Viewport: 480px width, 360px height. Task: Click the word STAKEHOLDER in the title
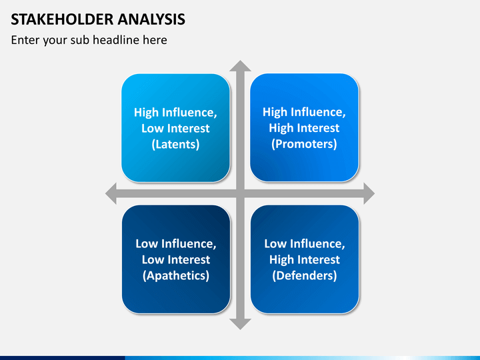(63, 19)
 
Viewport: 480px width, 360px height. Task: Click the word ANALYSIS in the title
(151, 19)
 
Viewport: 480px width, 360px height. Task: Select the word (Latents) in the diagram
(175, 144)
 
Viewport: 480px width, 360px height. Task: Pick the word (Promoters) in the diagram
(304, 144)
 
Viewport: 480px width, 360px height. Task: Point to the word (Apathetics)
(176, 275)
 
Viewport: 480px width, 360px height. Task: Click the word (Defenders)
(305, 275)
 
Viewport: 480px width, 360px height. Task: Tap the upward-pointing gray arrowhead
(240, 66)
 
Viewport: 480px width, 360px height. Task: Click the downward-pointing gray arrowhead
(240, 324)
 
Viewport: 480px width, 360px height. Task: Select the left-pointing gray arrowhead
(111, 193)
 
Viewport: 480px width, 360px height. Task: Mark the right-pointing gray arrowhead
(369, 193)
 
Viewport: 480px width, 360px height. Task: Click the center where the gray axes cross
(240, 193)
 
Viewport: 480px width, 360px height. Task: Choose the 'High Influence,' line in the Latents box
(175, 113)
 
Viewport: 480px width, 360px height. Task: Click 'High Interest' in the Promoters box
(304, 128)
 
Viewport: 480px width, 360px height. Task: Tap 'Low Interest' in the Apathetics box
(176, 259)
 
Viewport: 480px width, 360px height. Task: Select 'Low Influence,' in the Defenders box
(305, 244)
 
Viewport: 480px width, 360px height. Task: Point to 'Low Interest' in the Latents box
(175, 128)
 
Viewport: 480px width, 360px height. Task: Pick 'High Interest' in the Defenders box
(305, 259)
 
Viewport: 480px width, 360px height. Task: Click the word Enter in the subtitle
(25, 40)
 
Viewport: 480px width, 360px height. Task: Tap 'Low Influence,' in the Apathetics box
(176, 244)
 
